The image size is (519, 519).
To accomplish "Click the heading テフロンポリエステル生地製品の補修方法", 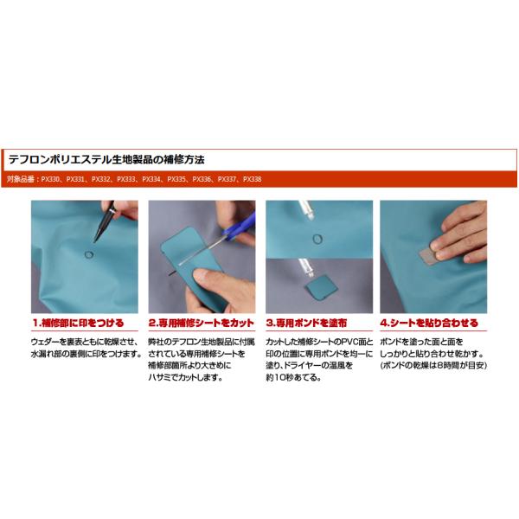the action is click(106, 160).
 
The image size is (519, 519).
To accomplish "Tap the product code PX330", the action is click(50, 179).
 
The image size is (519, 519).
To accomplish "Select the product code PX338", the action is click(253, 179).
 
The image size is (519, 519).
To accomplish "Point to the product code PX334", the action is click(151, 179).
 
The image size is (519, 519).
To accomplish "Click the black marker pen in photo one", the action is click(104, 221).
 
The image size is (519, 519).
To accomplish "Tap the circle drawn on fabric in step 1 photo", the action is click(89, 254).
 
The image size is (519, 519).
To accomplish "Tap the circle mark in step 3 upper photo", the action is click(317, 239).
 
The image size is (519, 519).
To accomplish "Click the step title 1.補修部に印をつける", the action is click(78, 323).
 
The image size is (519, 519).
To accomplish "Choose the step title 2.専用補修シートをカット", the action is click(202, 323).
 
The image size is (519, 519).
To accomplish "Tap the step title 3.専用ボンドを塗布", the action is click(306, 323).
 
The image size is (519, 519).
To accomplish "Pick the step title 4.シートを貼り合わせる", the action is click(429, 323).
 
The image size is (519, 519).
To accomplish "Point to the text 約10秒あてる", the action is click(293, 377).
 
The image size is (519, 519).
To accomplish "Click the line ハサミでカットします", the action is click(185, 377).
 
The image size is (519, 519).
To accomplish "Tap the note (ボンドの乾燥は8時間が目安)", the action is click(433, 365).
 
